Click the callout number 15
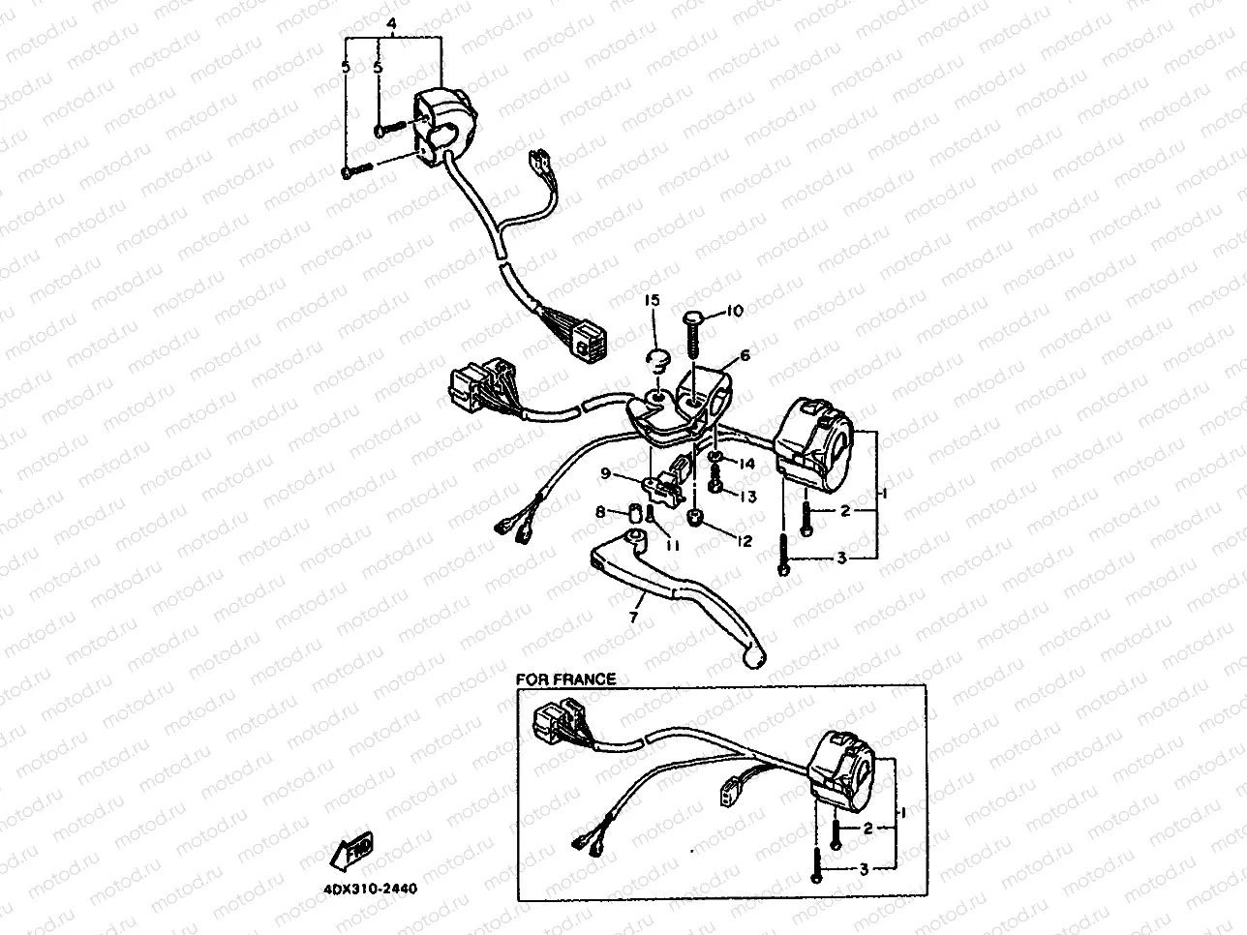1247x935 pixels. [652, 302]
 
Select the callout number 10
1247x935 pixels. [734, 311]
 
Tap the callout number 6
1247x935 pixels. [745, 356]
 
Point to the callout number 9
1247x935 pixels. [605, 473]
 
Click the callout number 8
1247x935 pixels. [600, 511]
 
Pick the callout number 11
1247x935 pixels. [673, 545]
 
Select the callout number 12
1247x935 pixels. [743, 542]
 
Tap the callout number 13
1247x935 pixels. [748, 497]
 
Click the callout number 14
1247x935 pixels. [746, 465]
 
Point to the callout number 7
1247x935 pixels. [635, 616]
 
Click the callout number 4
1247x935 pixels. [391, 21]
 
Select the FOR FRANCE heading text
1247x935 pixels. [565, 679]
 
